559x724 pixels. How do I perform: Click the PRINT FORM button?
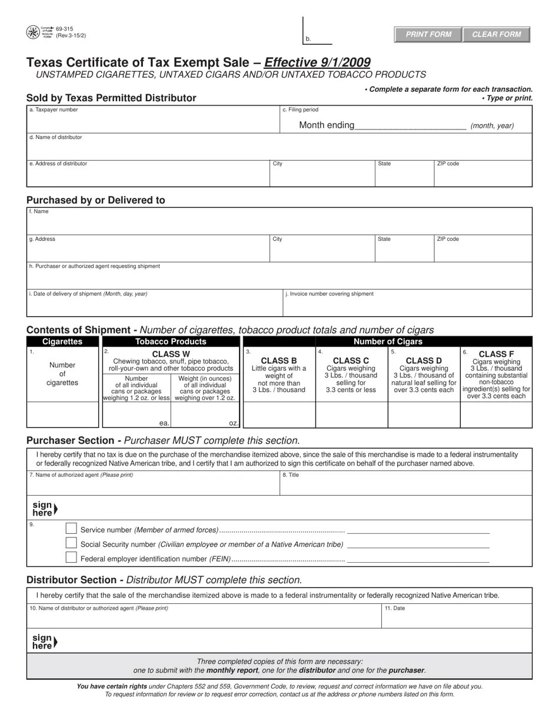click(428, 34)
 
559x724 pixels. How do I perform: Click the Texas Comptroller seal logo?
click(33, 32)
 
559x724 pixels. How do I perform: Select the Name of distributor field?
click(279, 149)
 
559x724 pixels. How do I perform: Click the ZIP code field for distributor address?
click(483, 177)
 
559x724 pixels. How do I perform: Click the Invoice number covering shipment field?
click(407, 306)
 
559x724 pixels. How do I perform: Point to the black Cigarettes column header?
click(62, 341)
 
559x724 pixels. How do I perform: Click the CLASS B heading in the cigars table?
click(279, 360)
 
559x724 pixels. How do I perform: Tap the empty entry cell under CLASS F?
click(496, 415)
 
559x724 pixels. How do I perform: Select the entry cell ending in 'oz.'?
click(205, 415)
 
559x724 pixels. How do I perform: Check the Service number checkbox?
click(71, 529)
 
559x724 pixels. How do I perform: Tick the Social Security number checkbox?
click(71, 543)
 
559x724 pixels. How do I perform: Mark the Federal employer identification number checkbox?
click(71, 557)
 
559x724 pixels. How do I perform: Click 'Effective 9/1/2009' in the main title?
click(318, 62)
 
